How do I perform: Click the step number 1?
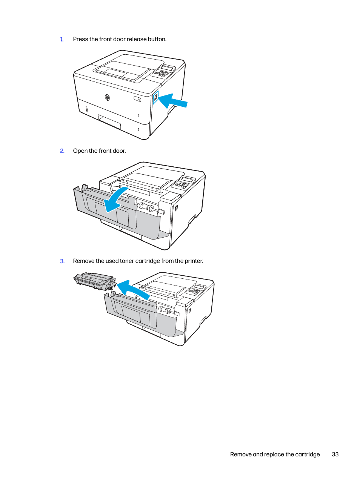62,39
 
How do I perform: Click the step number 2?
62,151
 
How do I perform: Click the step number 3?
62,261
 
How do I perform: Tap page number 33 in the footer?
335,454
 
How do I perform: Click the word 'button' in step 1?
157,39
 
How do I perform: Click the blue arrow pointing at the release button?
173,101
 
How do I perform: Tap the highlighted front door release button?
156,97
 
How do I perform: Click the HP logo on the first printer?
107,97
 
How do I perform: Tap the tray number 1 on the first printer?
138,116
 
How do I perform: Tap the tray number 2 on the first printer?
138,129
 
